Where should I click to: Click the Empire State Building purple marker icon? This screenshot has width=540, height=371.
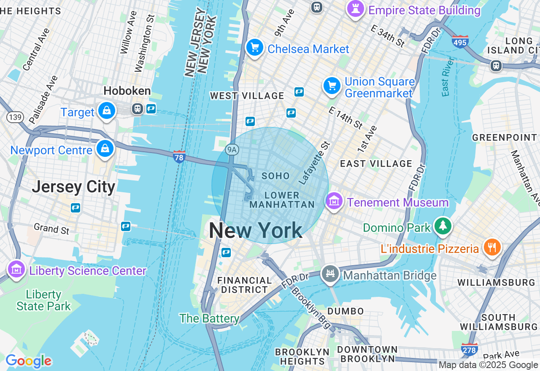click(355, 9)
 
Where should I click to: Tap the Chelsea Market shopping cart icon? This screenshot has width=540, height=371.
click(255, 47)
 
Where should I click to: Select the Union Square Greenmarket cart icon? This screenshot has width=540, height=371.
click(332, 86)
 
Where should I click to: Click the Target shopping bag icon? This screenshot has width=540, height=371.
click(107, 111)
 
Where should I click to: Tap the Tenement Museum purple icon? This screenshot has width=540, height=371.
click(334, 201)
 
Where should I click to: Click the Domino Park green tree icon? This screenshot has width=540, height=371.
click(443, 226)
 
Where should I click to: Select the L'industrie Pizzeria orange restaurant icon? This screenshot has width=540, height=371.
click(491, 247)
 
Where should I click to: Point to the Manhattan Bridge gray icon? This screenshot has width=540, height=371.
click(330, 274)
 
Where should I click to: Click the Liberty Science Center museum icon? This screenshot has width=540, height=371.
click(16, 269)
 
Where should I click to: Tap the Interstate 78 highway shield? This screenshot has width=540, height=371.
click(179, 157)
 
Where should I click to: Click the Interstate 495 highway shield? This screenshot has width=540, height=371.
click(460, 42)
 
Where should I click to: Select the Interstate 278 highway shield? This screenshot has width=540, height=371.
click(469, 349)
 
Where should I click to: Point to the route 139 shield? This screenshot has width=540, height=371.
click(15, 117)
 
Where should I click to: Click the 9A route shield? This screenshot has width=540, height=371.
click(232, 149)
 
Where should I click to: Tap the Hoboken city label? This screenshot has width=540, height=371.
click(127, 91)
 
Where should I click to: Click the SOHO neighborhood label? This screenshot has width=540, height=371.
click(275, 176)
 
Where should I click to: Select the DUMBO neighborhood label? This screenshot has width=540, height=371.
click(346, 311)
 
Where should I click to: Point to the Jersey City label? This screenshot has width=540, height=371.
click(73, 186)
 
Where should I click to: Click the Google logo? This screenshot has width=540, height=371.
click(28, 361)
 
